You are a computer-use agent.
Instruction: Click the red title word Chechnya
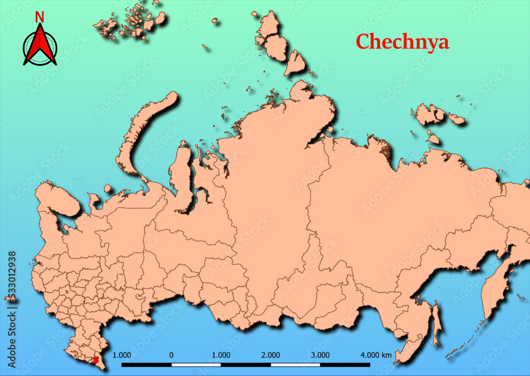pos(402,41)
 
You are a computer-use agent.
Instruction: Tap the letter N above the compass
pos(40,17)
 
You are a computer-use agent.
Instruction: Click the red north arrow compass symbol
pos(40,46)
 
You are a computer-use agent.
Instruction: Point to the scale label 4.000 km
pos(376,355)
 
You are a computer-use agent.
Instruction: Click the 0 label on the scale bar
pos(171,355)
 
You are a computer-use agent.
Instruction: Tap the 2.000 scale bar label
pos(271,355)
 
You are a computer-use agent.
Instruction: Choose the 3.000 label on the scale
pos(320,355)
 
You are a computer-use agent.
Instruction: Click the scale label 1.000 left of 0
pos(122,355)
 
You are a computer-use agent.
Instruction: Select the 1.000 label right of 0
pos(221,355)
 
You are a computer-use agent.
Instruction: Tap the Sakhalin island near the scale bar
pos(436,324)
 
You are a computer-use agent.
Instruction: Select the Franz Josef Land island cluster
pos(130,21)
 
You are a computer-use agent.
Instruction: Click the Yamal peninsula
pos(182,175)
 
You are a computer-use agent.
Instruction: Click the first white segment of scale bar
pos(196,365)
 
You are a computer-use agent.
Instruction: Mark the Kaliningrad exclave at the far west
pos(9,299)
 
